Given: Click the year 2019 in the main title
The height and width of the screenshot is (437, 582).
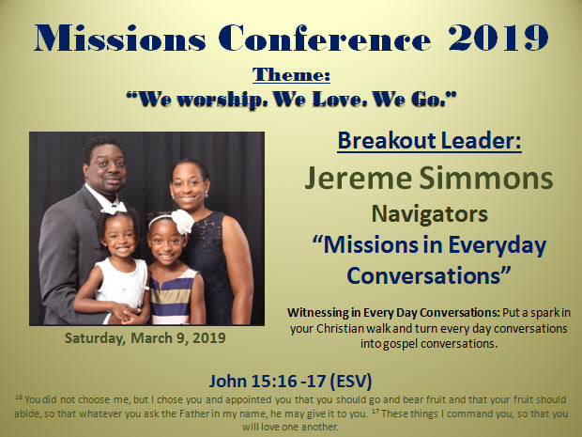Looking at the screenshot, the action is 498,38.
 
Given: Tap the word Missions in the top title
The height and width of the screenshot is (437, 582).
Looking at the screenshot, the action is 120,38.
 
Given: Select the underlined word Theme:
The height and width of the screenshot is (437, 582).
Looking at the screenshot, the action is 291,74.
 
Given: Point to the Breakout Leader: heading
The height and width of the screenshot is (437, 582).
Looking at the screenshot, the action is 429,141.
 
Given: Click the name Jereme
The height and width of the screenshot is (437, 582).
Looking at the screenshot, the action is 358,178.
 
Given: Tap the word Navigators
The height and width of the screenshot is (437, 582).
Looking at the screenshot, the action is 429,214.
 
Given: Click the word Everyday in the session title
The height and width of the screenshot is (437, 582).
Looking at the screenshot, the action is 498,246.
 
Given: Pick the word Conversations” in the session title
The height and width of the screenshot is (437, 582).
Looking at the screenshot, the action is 429,275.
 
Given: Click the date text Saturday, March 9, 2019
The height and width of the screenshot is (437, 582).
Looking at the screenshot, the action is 145,338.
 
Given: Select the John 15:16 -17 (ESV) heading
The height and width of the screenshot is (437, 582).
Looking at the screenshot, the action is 290,382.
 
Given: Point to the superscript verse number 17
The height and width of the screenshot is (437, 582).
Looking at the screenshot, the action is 375,412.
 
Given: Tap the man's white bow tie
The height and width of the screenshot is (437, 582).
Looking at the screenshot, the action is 115,208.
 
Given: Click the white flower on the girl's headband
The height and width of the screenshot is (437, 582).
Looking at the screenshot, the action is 182,222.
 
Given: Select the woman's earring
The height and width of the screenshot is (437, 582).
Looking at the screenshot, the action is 207,195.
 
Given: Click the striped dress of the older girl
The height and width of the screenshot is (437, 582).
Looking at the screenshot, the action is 173,296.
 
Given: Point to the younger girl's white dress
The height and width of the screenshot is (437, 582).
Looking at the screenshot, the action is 121,283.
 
